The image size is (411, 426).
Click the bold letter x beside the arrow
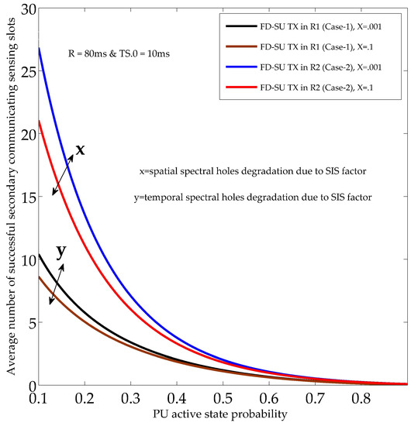point(79,148)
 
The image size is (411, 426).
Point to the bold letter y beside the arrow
point(60,253)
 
